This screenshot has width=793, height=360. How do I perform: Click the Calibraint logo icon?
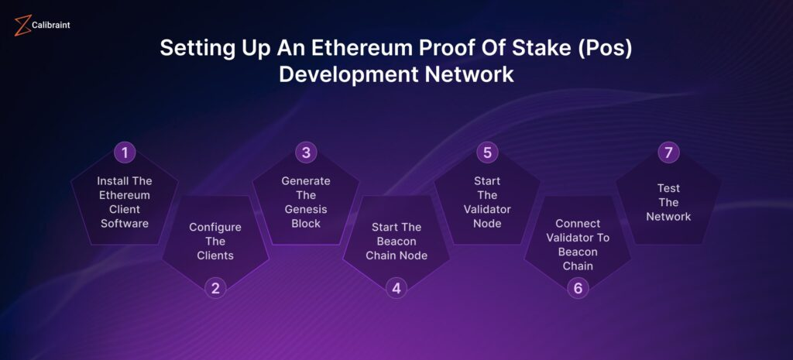(x=22, y=26)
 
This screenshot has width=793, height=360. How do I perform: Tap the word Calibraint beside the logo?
(x=51, y=25)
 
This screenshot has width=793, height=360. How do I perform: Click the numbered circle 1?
(x=125, y=153)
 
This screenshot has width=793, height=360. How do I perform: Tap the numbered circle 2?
(x=215, y=288)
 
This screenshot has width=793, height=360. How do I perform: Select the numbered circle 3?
(x=306, y=153)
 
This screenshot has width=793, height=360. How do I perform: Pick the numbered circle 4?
(x=396, y=288)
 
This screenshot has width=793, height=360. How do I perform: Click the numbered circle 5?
(x=487, y=153)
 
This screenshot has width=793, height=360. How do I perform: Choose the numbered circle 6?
(x=578, y=288)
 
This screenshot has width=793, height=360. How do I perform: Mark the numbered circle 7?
(x=668, y=153)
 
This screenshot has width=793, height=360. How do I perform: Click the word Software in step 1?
(x=125, y=224)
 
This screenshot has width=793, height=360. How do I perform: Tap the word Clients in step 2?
(x=215, y=255)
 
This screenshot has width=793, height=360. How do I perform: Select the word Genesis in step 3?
(x=306, y=209)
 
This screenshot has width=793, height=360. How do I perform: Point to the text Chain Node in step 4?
(x=396, y=255)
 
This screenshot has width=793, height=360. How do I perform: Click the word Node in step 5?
(x=487, y=224)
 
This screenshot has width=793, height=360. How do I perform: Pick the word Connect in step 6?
(x=578, y=224)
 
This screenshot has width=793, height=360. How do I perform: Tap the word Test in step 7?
(x=668, y=188)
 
